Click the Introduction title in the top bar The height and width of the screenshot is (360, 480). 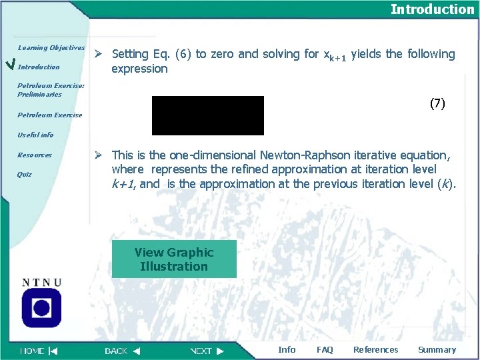432,9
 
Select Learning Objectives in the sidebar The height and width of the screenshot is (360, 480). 51,48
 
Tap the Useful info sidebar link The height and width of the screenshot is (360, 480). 35,135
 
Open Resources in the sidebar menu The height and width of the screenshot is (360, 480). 35,155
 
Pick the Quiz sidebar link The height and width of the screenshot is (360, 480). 25,175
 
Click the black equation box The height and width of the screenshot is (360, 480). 208,115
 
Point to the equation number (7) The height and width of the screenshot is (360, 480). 437,103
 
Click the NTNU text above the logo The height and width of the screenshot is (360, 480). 42,283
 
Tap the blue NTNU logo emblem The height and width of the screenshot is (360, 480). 41,308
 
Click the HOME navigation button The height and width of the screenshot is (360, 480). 39,351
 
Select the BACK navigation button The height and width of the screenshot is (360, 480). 122,351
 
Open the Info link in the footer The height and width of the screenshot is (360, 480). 287,350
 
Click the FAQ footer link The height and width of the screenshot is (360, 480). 325,350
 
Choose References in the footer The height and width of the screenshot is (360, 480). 375,350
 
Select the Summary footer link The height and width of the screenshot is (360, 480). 437,350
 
